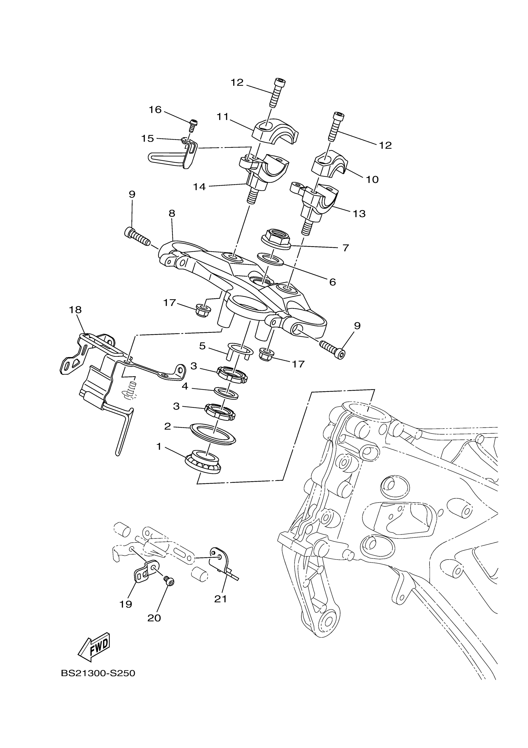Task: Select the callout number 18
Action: click(x=75, y=309)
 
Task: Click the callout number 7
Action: click(x=345, y=248)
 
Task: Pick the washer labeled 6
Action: click(x=270, y=260)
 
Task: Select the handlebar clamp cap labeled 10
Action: click(x=329, y=165)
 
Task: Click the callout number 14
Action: click(x=199, y=187)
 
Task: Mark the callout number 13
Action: click(x=359, y=214)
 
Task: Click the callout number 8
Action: click(x=172, y=213)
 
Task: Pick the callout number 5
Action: click(x=203, y=346)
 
